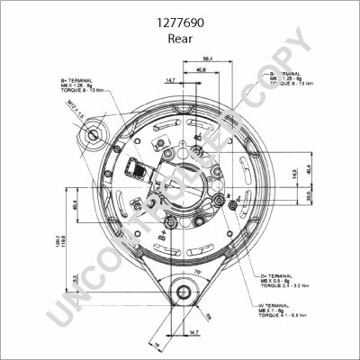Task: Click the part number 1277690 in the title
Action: [179, 26]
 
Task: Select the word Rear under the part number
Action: [179, 40]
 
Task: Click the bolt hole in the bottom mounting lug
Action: [184, 292]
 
